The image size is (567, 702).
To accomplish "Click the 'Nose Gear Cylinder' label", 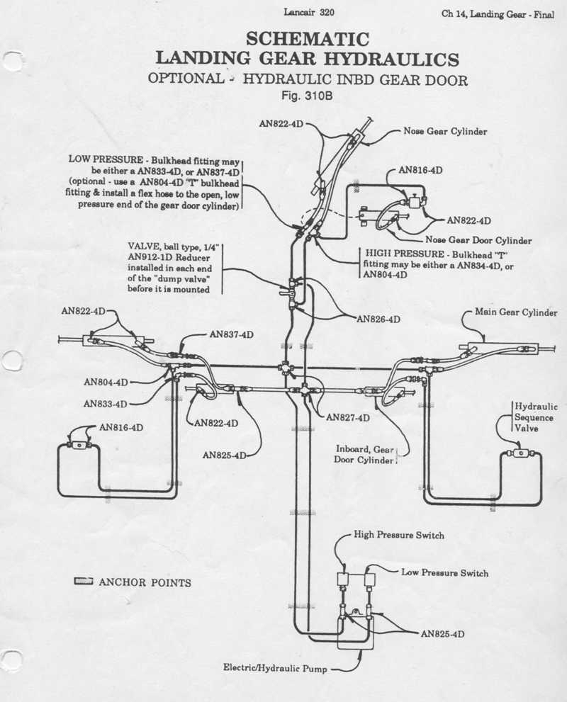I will pos(446,131).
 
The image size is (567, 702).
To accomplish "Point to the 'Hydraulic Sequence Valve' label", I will pos(535,417).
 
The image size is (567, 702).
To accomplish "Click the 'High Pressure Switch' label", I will pos(399,535).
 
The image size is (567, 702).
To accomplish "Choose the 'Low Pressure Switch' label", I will pos(444,572).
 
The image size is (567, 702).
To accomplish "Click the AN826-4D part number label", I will pos(378,319).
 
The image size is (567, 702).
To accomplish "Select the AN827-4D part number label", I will pos(348,418).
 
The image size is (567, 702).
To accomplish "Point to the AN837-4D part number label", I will pos(232,334).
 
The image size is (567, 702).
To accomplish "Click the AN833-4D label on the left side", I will pos(106,404).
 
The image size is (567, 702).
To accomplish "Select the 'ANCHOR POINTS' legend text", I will pos(145,583).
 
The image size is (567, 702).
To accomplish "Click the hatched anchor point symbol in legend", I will pos(84,582).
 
